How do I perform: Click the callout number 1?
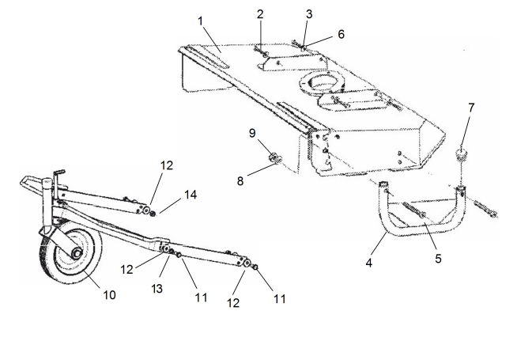pos(200,21)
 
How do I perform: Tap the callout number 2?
pos(260,14)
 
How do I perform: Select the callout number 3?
pos(309,14)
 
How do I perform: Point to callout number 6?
pos(341,34)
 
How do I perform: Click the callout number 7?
pos(471,108)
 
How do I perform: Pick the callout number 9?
pos(252,133)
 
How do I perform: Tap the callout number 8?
pos(240,181)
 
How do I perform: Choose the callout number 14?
pos(191,195)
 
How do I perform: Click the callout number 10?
pos(109,294)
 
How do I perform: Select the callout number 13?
pos(157,289)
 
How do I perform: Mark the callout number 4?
pos(369,263)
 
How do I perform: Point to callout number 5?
pos(438,259)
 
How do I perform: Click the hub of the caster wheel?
pos(77,253)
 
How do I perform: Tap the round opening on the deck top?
pos(322,81)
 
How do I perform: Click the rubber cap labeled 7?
pos(462,155)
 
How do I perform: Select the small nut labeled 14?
pos(153,214)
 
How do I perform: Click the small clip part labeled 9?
pos(275,157)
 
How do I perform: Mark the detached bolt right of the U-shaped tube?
pos(485,209)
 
